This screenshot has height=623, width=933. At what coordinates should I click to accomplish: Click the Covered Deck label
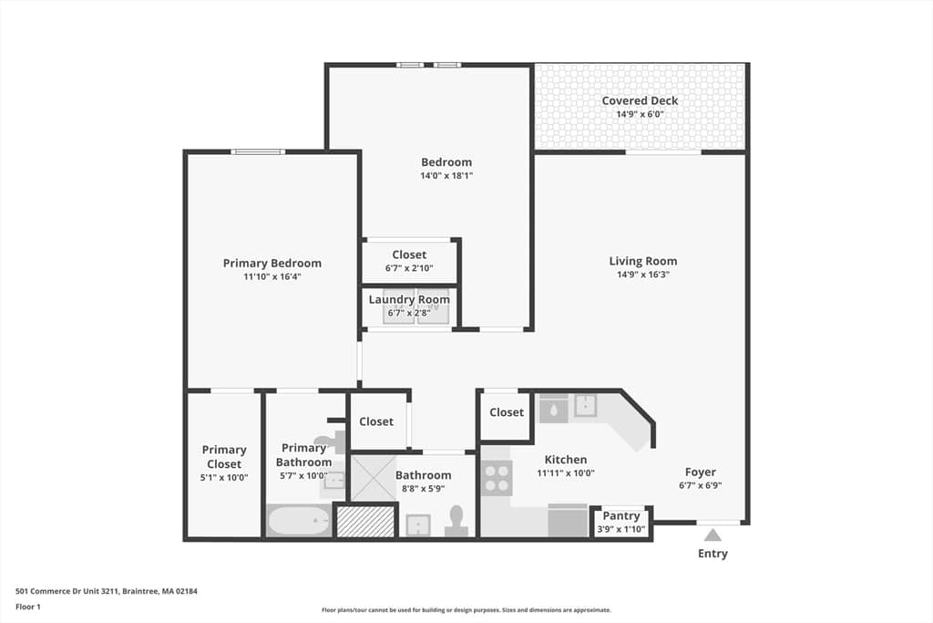coord(640,100)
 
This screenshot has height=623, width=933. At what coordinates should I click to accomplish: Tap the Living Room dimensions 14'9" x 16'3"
coord(643,275)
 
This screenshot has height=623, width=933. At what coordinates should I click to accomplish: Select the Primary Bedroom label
coord(272,264)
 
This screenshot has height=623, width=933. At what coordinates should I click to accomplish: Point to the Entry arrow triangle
coord(713,535)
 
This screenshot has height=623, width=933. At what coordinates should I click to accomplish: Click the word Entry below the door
coord(713,554)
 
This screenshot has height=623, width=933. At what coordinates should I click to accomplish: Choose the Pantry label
coord(621,515)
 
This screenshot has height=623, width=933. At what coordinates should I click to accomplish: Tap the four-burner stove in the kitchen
coord(497,478)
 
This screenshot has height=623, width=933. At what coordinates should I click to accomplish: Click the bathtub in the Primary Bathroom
coord(299,521)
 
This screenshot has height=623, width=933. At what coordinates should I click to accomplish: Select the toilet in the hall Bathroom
coord(456,521)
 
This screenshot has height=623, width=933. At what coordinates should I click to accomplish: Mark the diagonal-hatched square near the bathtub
coord(365,522)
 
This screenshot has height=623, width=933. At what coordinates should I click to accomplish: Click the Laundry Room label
coord(409,299)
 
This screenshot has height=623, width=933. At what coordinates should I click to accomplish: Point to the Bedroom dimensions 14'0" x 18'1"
coord(446,176)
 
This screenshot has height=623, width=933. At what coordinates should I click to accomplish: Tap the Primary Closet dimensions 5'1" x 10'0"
coord(224,477)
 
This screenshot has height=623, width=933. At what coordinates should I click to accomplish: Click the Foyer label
coord(701,472)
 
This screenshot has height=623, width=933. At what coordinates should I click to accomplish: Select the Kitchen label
coord(566,459)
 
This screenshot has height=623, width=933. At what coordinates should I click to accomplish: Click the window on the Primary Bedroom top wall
coord(258,152)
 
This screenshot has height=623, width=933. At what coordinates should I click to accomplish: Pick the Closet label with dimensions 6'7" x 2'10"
coord(409,254)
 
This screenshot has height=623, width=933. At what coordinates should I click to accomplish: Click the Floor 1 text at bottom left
coord(28,607)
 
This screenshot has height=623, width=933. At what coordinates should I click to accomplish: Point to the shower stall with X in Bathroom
coord(373,478)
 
